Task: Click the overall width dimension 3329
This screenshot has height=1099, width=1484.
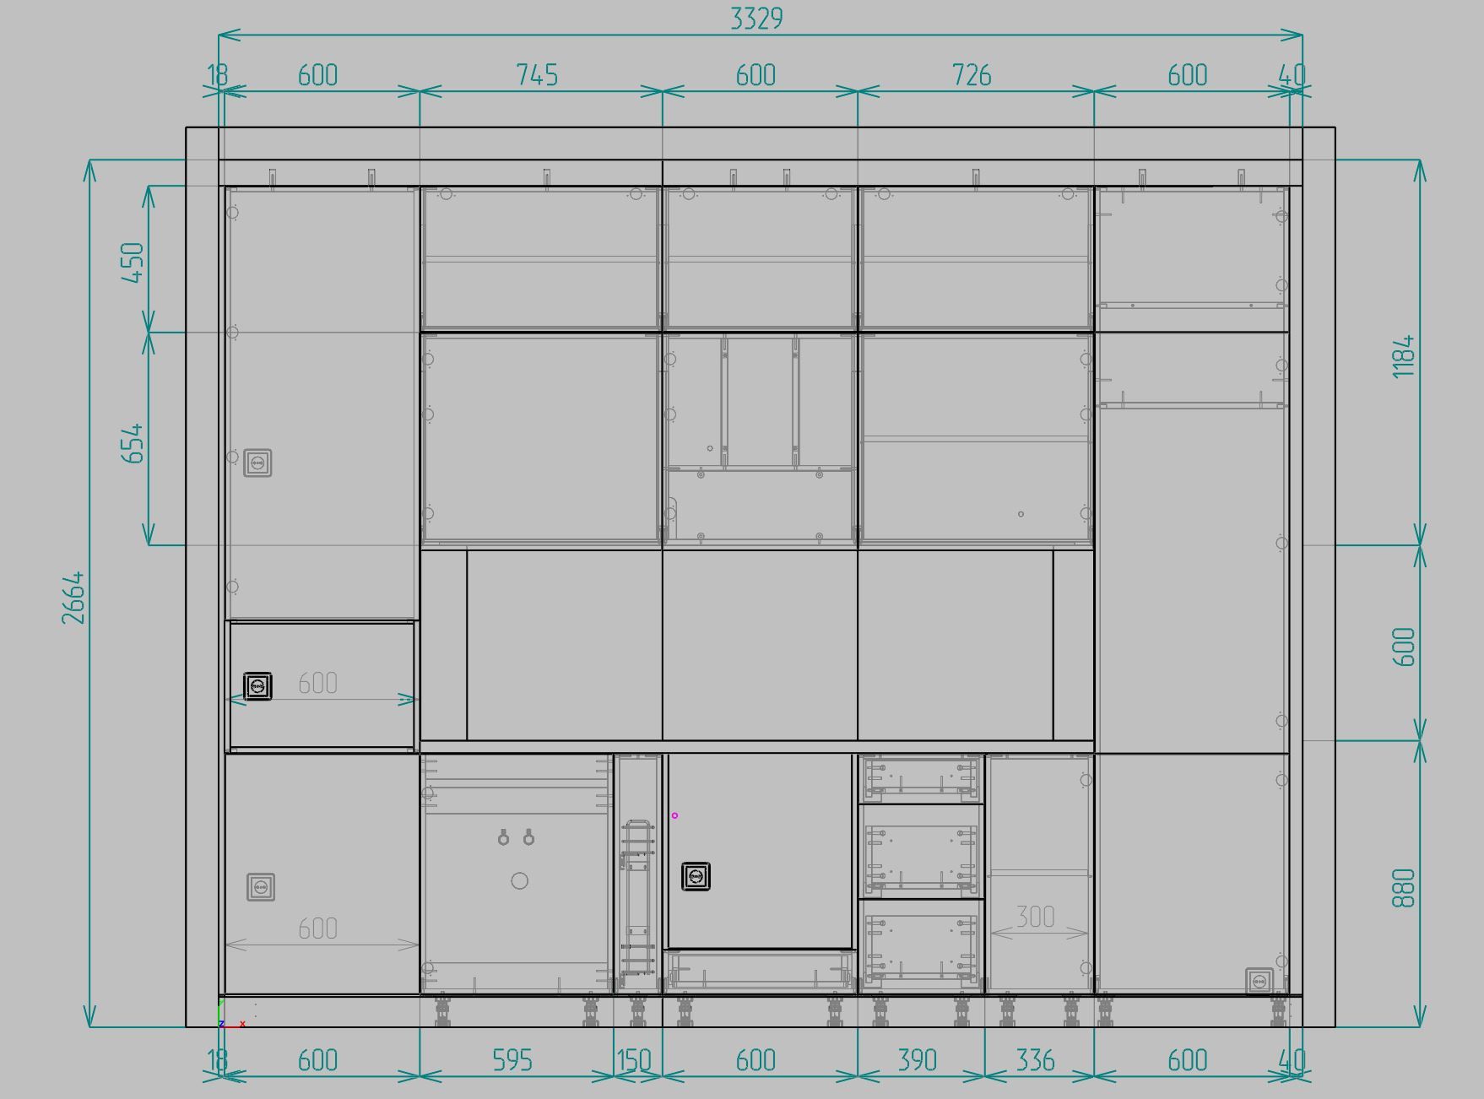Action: click(x=756, y=19)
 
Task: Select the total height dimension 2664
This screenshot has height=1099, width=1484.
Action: click(x=73, y=598)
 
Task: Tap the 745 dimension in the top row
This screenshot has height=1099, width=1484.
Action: click(x=537, y=75)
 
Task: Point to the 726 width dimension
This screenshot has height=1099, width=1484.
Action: click(x=972, y=75)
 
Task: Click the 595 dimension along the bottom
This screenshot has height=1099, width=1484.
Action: click(x=512, y=1060)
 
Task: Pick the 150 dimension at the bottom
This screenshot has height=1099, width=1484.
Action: click(x=633, y=1060)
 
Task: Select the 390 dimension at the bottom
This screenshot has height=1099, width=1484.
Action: click(x=917, y=1060)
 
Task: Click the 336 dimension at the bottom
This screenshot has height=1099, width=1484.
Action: click(x=1035, y=1060)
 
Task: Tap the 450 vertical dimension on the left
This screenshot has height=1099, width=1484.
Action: click(x=133, y=263)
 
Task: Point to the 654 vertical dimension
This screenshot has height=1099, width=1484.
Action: click(x=133, y=443)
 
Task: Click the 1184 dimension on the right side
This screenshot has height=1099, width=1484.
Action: click(x=1403, y=356)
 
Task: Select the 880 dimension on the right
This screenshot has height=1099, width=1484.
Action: click(x=1403, y=888)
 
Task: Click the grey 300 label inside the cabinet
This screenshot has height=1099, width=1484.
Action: click(x=1035, y=917)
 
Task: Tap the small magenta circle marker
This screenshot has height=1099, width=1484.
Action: click(x=674, y=815)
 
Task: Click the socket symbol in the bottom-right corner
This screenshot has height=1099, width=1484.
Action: click(x=1259, y=982)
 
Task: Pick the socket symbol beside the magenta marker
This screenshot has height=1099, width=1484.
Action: click(x=696, y=877)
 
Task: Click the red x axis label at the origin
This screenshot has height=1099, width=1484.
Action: click(x=242, y=1024)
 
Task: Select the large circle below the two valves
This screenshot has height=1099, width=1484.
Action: click(x=520, y=881)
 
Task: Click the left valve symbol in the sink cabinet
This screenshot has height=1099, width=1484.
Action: click(x=503, y=837)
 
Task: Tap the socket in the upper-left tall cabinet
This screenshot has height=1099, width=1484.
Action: click(x=257, y=463)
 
